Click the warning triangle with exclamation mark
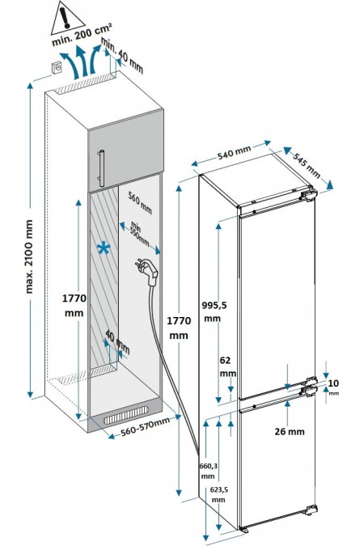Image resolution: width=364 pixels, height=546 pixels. point(67,19)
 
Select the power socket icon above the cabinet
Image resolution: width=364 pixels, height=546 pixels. point(57,68)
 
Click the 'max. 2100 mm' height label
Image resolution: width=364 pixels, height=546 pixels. point(29,256)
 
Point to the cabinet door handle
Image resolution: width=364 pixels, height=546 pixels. point(100,168)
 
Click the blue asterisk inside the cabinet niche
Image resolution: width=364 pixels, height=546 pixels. point(104,248)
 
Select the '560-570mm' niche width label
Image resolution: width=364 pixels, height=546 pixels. point(145,426)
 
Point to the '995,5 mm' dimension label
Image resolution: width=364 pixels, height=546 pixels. point(214,311)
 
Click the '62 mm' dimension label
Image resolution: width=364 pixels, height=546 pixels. point(227,366)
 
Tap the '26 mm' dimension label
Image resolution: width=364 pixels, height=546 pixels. point(290,431)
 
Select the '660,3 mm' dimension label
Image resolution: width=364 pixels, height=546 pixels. point(209,471)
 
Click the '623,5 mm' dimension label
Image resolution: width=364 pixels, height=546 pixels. point(219,494)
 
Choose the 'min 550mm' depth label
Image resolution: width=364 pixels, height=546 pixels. point(138,233)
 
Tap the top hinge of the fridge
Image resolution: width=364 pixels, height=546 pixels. point(308,194)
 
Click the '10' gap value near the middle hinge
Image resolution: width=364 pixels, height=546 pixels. point(333,383)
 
